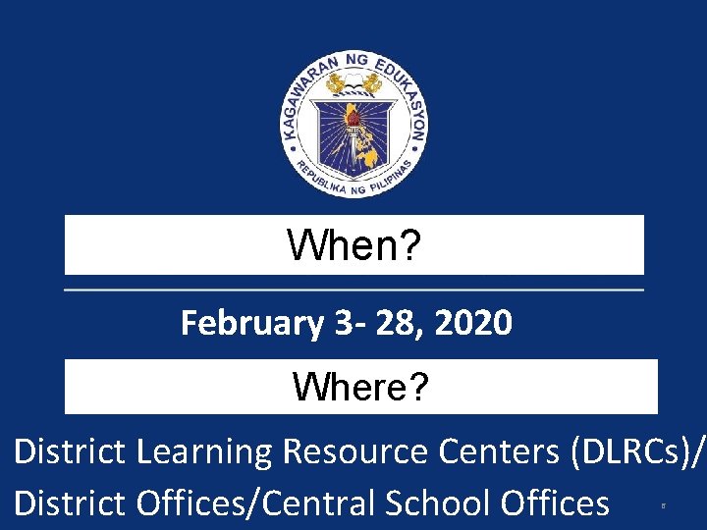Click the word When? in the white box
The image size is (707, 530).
pyautogui.click(x=354, y=246)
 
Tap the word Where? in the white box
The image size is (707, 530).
pyautogui.click(x=360, y=389)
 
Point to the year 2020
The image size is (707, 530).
pyautogui.click(x=475, y=322)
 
